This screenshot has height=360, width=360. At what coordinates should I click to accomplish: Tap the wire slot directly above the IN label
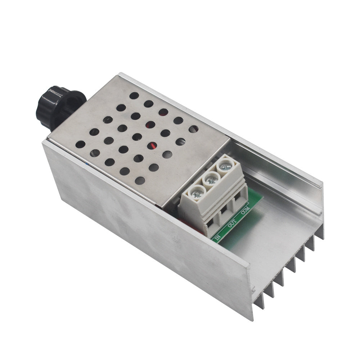point(210,224)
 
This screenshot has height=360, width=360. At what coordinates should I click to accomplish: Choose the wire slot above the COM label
point(237,197)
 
